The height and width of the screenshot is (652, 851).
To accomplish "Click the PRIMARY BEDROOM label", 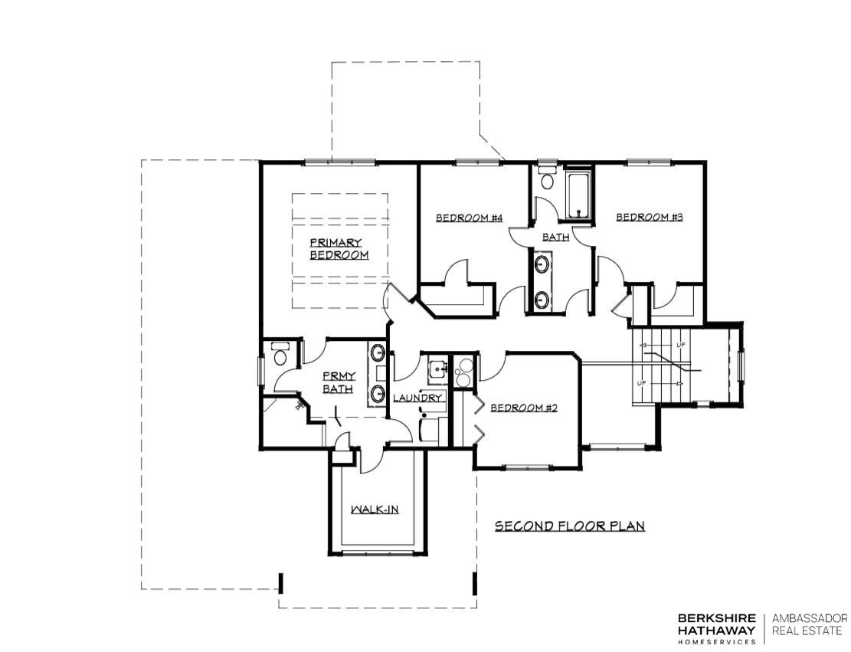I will pyautogui.click(x=339, y=249).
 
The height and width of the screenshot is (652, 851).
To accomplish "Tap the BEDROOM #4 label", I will pyautogui.click(x=469, y=218).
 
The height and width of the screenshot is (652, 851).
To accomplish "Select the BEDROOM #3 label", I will pyautogui.click(x=650, y=218).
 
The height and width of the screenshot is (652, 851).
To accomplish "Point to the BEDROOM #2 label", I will pyautogui.click(x=524, y=408).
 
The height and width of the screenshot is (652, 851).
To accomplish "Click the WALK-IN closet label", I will pyautogui.click(x=375, y=509).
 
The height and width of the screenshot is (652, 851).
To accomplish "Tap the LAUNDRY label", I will pyautogui.click(x=417, y=398).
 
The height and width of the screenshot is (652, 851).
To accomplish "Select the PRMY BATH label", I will pyautogui.click(x=337, y=383).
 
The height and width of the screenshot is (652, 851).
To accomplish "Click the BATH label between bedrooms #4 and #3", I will pyautogui.click(x=555, y=238).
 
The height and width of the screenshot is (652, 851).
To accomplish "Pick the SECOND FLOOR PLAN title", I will pyautogui.click(x=569, y=526).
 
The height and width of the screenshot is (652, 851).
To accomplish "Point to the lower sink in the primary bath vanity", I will pyautogui.click(x=378, y=394).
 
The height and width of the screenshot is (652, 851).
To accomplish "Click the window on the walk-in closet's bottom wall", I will pyautogui.click(x=375, y=552).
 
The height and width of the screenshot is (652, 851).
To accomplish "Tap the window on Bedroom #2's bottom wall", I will pyautogui.click(x=527, y=467).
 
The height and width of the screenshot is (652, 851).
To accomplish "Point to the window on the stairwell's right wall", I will pyautogui.click(x=741, y=365).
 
